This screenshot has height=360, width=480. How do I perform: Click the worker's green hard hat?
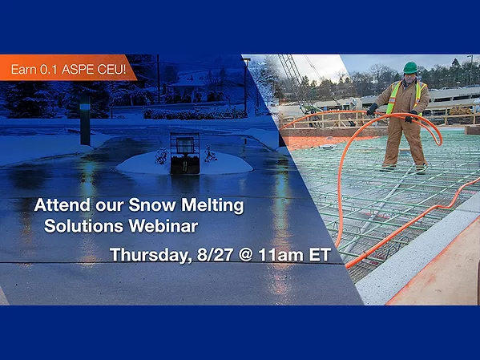[409, 67]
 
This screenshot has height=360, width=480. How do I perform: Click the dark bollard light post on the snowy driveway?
[85, 121]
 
